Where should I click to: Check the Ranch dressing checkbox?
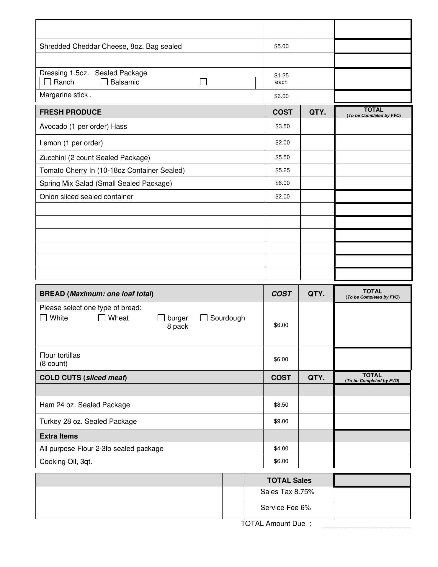click(48, 82)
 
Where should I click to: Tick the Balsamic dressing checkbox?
click(104, 82)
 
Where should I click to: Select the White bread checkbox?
click(44, 318)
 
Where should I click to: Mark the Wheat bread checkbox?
click(102, 318)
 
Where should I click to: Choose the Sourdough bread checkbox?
click(204, 318)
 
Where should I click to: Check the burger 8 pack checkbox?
click(161, 318)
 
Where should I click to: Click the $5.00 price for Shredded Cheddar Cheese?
click(281, 46)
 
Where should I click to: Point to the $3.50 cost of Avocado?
click(282, 126)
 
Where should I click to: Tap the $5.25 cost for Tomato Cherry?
click(282, 170)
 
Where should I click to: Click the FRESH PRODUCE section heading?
click(71, 112)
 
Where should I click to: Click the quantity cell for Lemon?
click(317, 143)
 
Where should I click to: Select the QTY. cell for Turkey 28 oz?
click(316, 421)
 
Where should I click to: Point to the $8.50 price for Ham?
click(281, 405)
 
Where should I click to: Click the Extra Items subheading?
click(59, 436)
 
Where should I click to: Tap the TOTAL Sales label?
click(289, 480)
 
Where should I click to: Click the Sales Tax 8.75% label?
click(287, 492)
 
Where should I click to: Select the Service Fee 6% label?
click(285, 508)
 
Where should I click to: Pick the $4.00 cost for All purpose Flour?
click(281, 449)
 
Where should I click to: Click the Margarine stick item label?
click(66, 95)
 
